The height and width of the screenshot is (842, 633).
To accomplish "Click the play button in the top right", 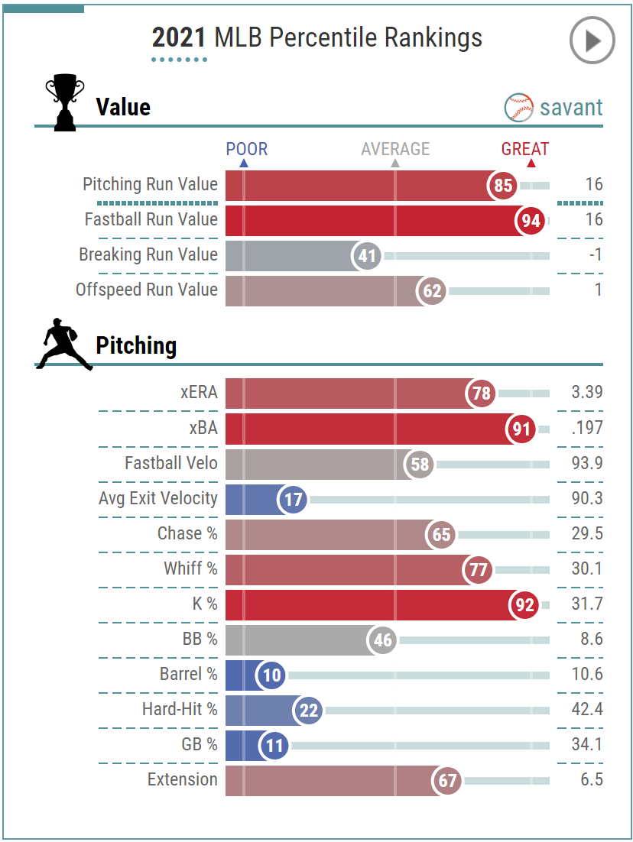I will click(592, 40).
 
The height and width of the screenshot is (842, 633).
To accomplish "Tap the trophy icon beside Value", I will click(65, 102).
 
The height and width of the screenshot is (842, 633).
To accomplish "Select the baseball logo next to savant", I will click(518, 108).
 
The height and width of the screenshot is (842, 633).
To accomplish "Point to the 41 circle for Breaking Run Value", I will click(367, 256).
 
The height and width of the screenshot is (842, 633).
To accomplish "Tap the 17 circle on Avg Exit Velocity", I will click(291, 500).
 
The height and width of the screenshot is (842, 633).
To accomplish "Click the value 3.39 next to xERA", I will click(586, 393).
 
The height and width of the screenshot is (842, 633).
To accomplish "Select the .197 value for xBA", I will click(586, 428).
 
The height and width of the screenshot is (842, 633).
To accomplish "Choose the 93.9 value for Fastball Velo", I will click(586, 463).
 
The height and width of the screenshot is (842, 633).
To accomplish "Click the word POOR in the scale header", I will click(247, 149).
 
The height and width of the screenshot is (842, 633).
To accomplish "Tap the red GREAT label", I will click(525, 149).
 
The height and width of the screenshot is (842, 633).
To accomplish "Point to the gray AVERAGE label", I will click(395, 149).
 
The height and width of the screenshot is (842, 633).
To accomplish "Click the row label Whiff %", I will click(190, 568).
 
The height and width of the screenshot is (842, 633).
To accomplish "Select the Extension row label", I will click(183, 779).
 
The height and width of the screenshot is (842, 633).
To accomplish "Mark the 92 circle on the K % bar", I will click(524, 605).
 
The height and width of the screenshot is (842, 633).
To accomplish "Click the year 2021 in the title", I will click(180, 37).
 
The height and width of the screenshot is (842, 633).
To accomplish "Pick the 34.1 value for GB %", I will click(586, 744).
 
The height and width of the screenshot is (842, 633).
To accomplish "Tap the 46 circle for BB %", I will click(382, 640).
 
